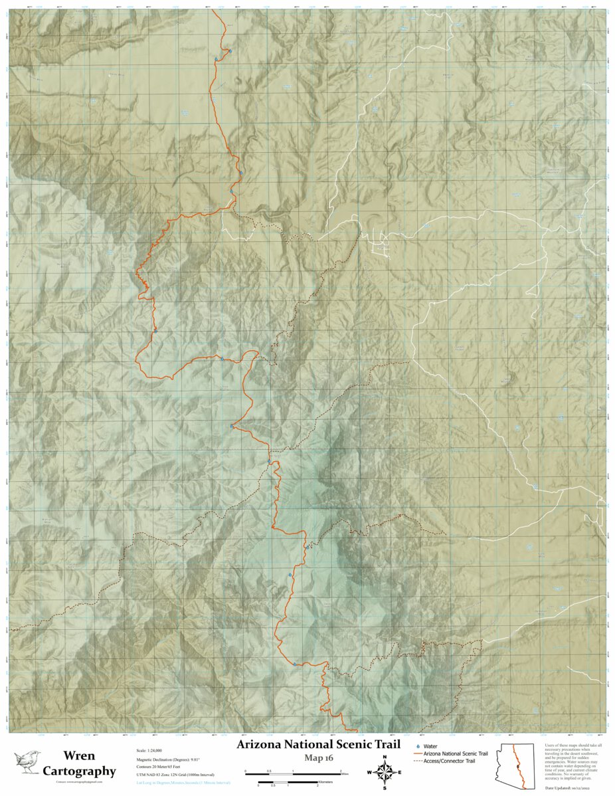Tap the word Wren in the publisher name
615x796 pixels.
point(78,756)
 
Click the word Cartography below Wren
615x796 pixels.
point(78,771)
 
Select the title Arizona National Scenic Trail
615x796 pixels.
point(318,744)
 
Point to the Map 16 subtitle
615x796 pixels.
point(319,757)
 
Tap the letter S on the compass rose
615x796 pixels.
point(385,788)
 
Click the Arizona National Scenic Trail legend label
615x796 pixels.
point(456,753)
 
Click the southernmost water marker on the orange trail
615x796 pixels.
point(294,663)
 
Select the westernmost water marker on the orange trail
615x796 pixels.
point(155,330)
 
